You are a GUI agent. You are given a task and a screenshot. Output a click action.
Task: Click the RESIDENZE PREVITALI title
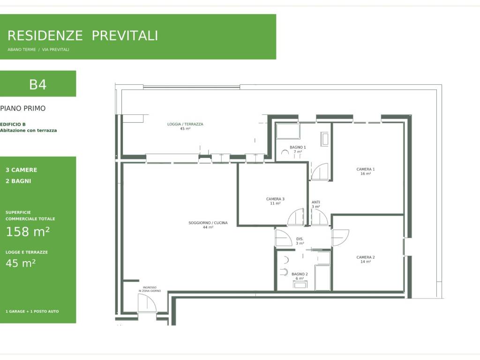click(x=82, y=36)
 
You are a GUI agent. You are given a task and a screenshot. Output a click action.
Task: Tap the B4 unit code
click(x=37, y=84)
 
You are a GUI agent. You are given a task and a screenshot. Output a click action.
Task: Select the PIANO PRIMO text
click(x=22, y=108)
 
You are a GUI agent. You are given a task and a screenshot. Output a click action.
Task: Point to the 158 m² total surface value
click(x=28, y=232)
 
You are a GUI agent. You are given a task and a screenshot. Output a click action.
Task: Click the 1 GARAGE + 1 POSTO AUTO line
click(x=32, y=311)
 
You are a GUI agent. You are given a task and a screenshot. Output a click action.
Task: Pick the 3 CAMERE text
click(x=21, y=170)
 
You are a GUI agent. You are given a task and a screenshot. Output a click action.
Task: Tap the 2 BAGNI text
click(x=18, y=181)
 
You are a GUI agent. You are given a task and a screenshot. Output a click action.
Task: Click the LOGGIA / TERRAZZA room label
click(x=185, y=124)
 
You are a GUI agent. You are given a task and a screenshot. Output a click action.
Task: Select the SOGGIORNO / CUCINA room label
click(x=208, y=223)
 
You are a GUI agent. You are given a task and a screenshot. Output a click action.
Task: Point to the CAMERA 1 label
click(x=366, y=169)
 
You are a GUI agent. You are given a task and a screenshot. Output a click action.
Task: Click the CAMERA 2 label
click(x=366, y=257)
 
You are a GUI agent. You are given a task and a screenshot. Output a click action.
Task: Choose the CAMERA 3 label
click(x=275, y=199)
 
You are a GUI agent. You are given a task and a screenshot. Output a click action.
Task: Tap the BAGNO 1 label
click(x=298, y=147)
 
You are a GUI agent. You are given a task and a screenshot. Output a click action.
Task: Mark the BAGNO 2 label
click(x=300, y=274)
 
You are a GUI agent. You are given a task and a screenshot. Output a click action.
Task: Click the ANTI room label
click(x=316, y=202)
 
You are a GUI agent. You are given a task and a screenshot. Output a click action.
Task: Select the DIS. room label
click(x=300, y=239)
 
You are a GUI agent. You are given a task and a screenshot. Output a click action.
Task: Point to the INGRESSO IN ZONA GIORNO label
click(x=150, y=289)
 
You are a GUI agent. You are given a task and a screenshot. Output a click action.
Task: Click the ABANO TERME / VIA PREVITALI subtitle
click(x=38, y=50)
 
